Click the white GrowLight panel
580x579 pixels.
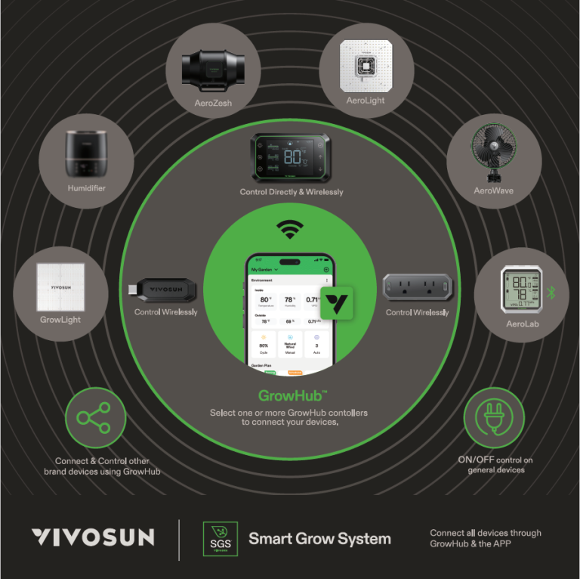click(x=60, y=287)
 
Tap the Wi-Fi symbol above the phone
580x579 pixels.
click(x=289, y=228)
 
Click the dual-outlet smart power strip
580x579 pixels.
click(x=417, y=287)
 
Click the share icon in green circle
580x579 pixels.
click(x=95, y=418)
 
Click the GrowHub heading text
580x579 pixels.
click(x=292, y=395)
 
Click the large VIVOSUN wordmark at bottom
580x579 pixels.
click(x=93, y=538)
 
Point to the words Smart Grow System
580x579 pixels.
click(x=319, y=539)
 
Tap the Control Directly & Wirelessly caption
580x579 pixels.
click(x=292, y=192)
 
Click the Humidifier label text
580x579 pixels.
click(x=86, y=188)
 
